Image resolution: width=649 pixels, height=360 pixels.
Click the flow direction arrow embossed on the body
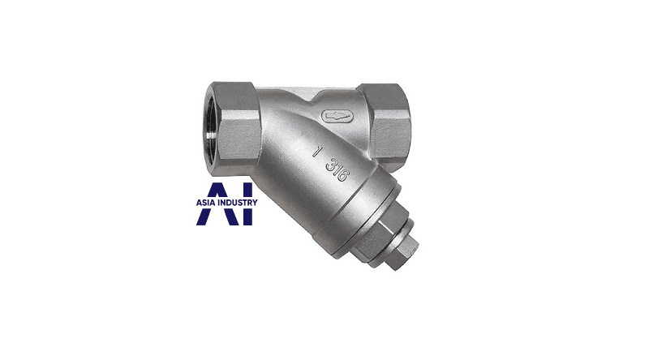click(337, 117)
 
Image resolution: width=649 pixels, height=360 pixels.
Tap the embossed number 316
click(336, 169)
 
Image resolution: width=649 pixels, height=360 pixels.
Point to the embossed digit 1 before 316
click(316, 152)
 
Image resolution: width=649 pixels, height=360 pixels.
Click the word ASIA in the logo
click(205, 203)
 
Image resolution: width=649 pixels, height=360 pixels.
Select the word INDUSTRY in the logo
click(237, 203)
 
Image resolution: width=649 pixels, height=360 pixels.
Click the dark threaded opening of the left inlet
click(212, 127)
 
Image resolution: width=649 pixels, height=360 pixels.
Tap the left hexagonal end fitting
click(234, 126)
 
